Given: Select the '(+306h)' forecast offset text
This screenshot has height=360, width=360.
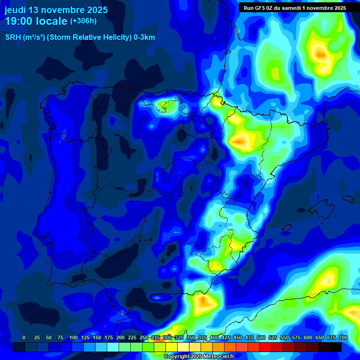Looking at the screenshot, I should [83, 21].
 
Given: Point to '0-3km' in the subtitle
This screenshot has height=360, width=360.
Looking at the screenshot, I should [144, 37].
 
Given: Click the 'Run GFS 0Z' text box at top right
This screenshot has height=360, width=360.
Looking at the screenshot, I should [294, 8].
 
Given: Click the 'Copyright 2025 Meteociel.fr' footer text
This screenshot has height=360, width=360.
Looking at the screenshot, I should [199, 357].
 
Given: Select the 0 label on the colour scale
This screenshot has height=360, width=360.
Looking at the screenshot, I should [24, 338].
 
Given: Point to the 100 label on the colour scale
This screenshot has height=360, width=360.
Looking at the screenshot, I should [74, 338].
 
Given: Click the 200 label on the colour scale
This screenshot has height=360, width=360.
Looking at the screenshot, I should [120, 338].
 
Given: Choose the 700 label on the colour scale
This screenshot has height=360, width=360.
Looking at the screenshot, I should [343, 338].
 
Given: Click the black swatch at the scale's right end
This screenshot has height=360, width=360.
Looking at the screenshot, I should [336, 347].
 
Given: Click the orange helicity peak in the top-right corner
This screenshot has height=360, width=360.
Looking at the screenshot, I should [321, 54].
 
